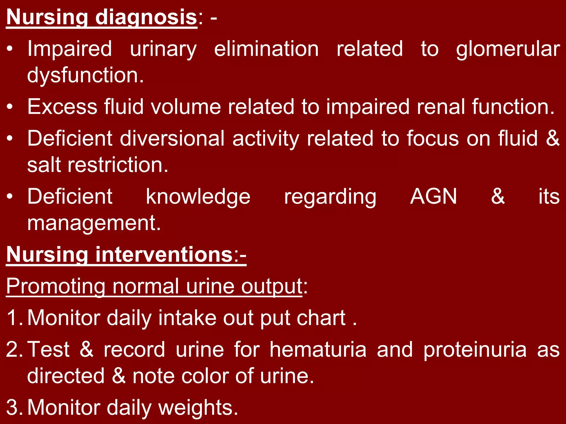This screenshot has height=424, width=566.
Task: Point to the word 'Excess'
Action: [62, 107]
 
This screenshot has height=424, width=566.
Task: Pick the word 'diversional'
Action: [172, 138]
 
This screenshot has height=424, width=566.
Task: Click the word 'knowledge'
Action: [198, 197]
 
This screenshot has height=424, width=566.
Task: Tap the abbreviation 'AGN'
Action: [433, 196]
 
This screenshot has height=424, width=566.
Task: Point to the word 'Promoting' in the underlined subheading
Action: [56, 286]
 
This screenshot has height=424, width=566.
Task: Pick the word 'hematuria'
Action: [318, 349]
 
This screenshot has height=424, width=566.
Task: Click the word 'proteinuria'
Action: [475, 349]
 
